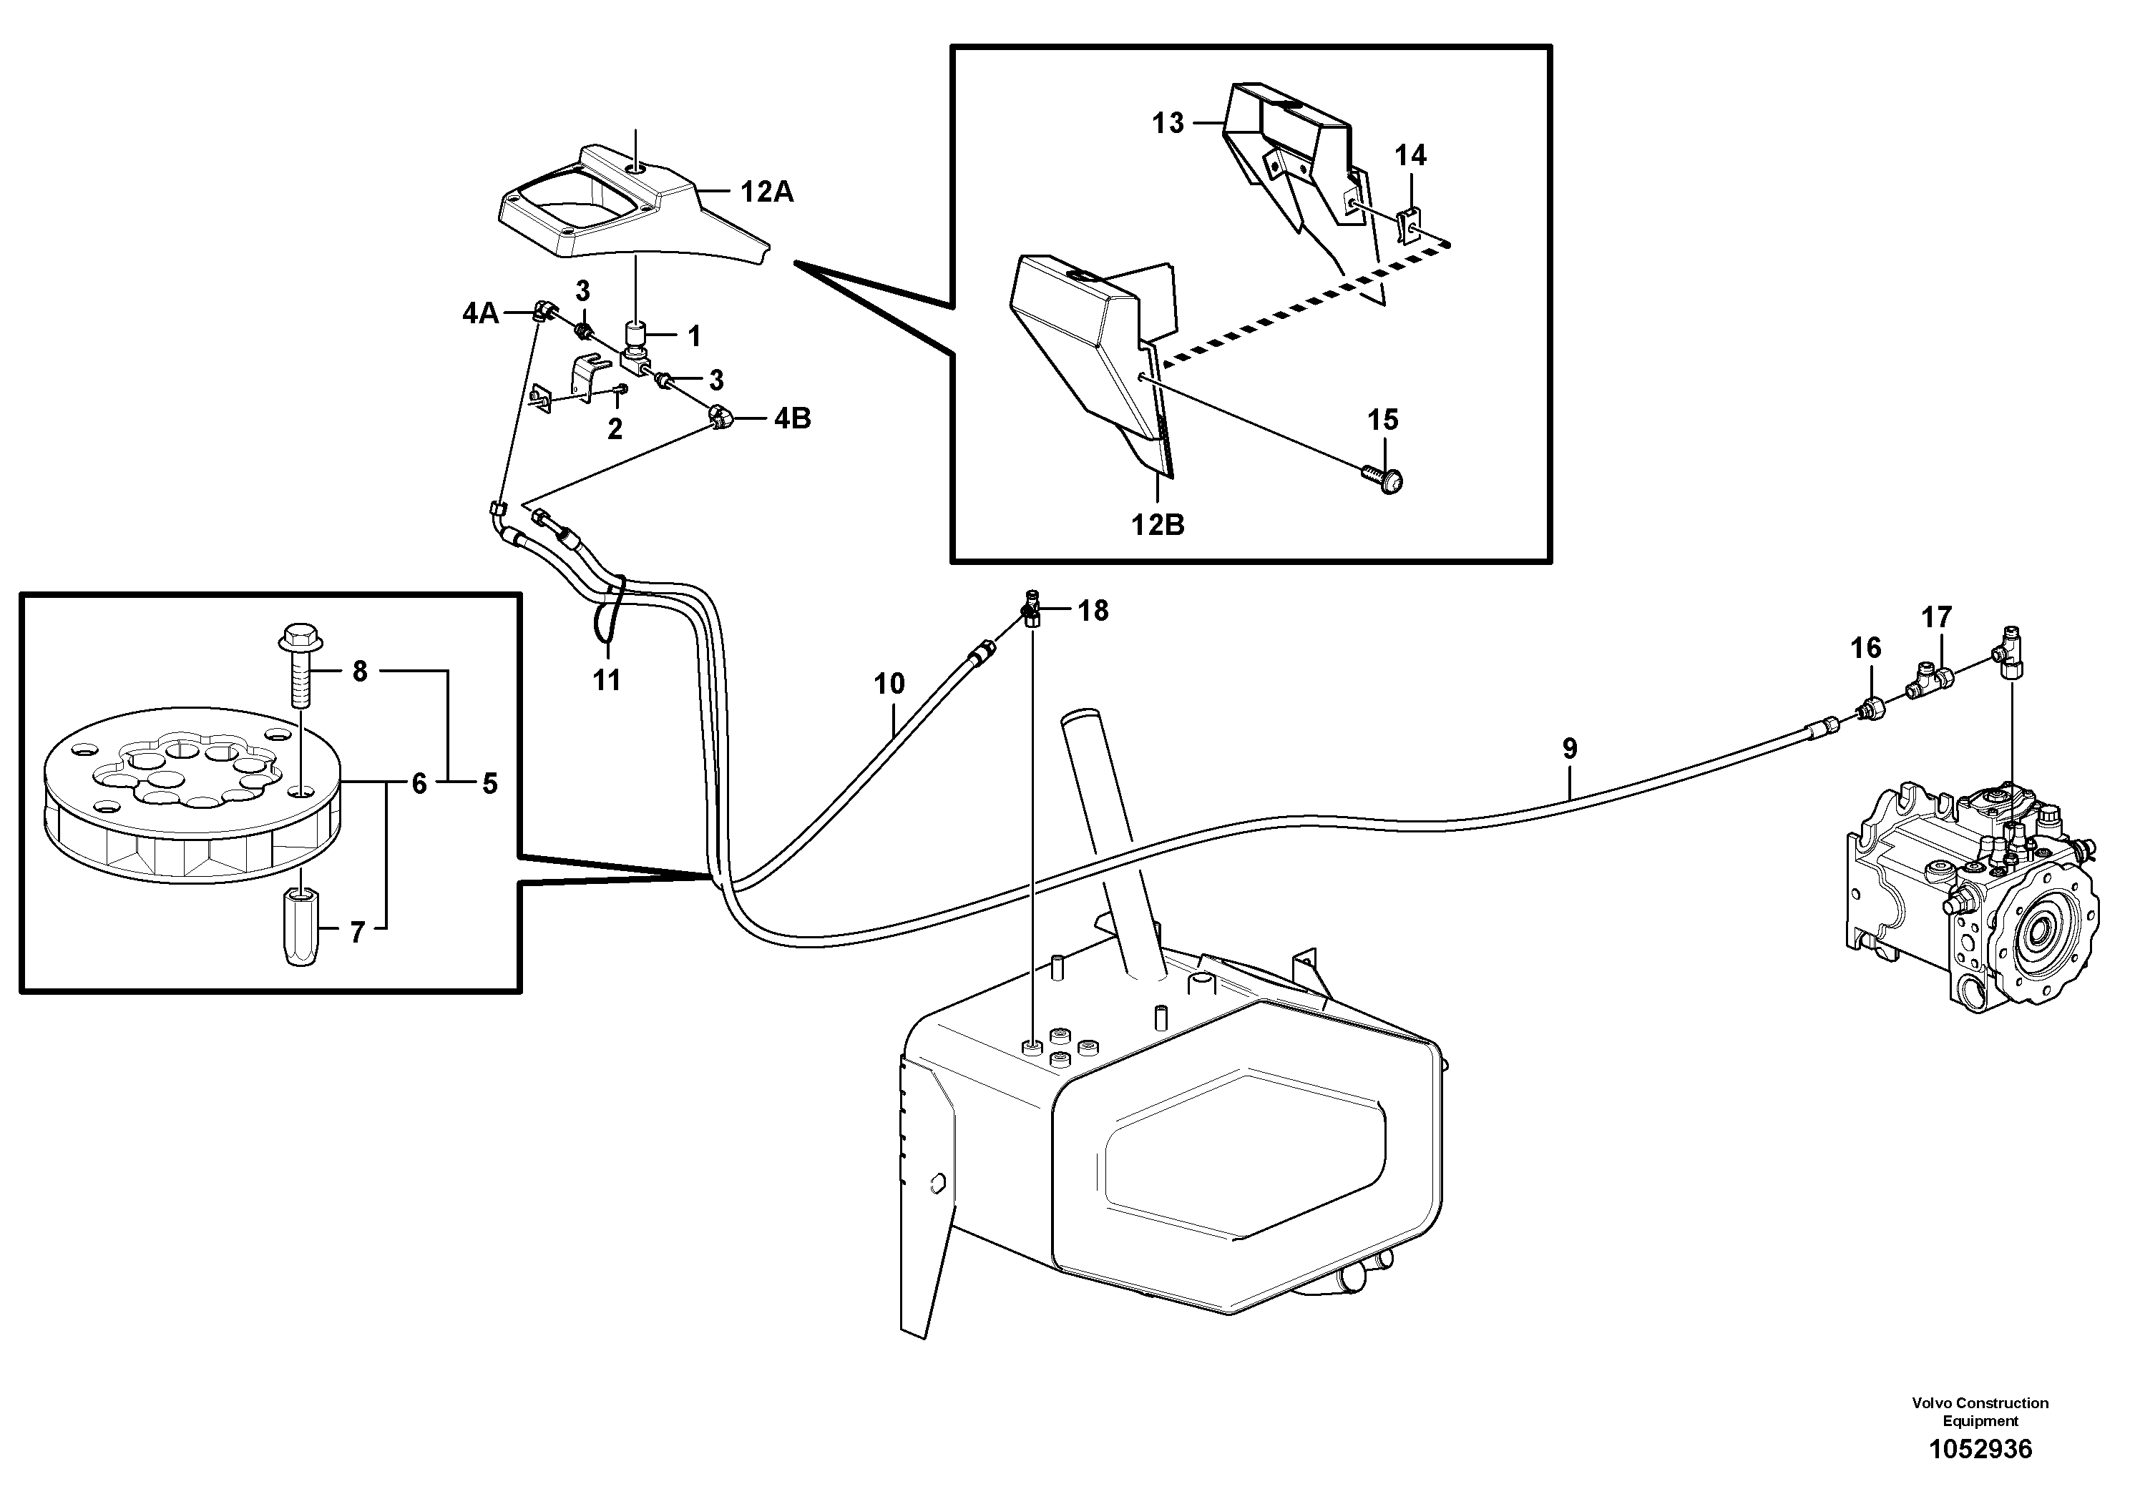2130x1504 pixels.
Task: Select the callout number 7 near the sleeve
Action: coord(358,932)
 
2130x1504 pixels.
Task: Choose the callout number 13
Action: coord(1168,122)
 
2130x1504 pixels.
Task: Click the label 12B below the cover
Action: coord(1158,525)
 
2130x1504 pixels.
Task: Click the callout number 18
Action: coord(1093,610)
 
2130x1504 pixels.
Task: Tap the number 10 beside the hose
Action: coord(889,684)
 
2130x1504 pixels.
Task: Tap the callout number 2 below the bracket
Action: coord(614,429)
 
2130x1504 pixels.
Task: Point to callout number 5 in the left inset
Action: coord(490,784)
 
